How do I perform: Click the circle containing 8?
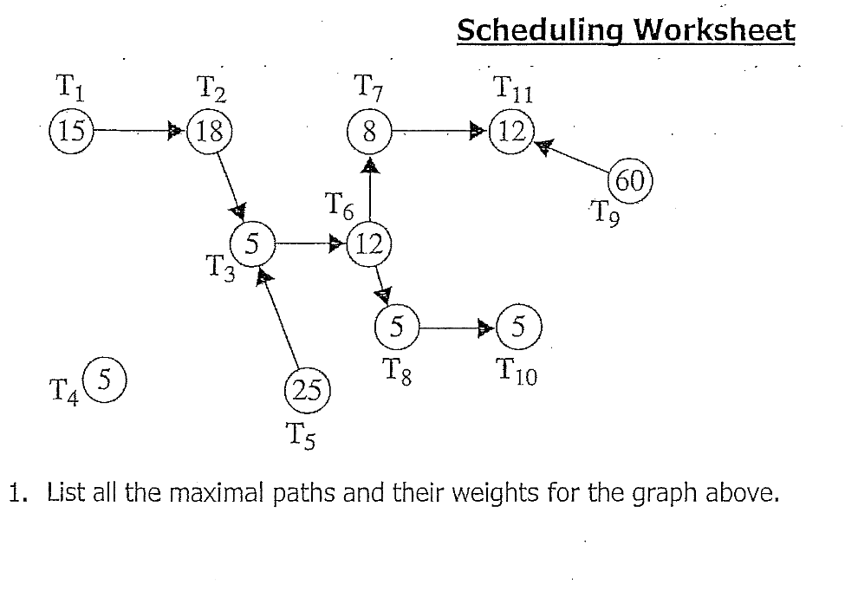click(x=369, y=132)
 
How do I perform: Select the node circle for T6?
click(x=369, y=244)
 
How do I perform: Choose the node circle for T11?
click(x=514, y=132)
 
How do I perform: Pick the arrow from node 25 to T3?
click(x=281, y=320)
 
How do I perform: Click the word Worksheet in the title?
click(x=713, y=31)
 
